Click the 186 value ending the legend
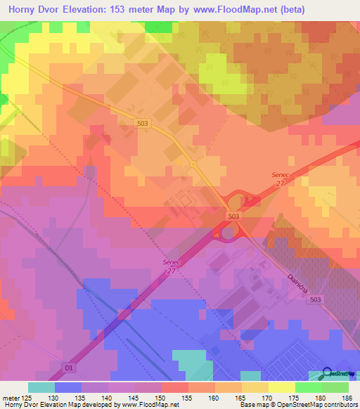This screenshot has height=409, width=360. point(347,397)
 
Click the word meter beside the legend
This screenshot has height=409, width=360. point(11,397)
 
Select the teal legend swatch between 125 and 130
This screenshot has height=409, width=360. point(41,387)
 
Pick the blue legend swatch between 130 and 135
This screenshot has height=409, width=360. point(67,387)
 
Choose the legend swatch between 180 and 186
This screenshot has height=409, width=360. point(335,387)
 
